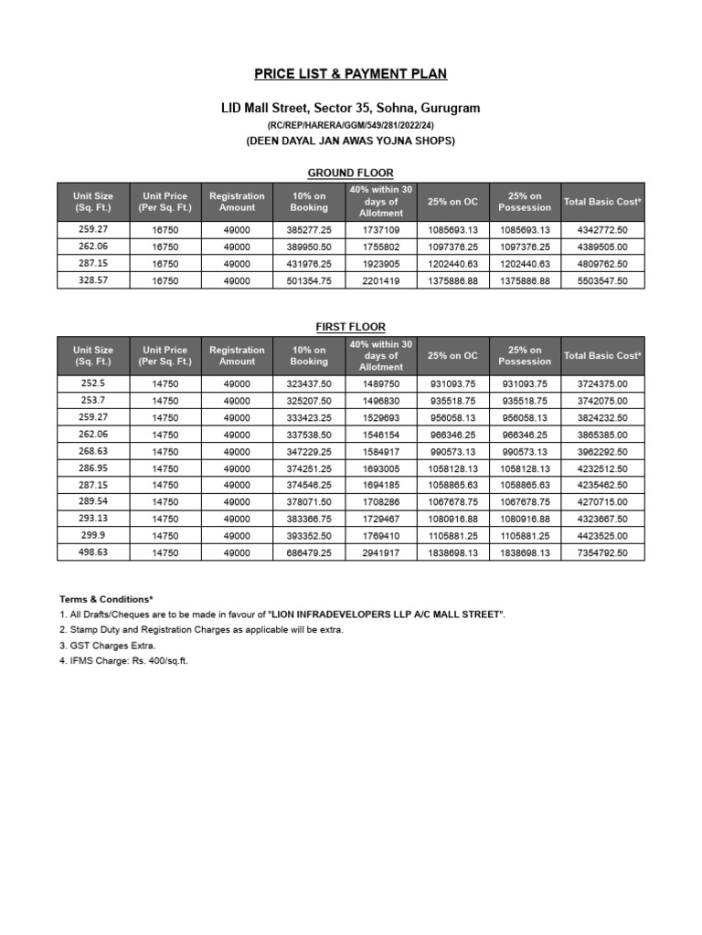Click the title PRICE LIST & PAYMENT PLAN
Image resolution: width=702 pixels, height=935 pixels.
351,74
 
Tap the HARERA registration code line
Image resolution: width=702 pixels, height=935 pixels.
351,125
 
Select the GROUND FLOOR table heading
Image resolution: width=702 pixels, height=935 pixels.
350,173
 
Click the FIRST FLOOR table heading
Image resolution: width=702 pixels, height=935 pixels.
350,327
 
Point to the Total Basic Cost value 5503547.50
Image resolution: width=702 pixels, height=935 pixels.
602,281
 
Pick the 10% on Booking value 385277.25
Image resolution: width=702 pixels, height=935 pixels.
308,231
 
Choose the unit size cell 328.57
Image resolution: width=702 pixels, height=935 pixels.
92,281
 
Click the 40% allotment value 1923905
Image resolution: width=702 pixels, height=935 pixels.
380,265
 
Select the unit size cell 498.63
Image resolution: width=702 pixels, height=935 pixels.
92,552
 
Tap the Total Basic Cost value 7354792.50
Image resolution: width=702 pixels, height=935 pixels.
602,552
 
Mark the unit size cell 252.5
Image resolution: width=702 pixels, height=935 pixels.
92,384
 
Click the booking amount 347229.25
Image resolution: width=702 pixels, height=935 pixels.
308,452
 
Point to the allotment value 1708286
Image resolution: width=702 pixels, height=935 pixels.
380,502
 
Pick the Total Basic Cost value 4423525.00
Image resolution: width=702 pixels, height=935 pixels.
602,536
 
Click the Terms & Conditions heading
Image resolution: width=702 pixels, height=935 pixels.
107,599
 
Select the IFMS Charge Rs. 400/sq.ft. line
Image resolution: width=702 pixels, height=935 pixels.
123,660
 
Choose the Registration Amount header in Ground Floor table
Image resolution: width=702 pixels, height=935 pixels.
237,202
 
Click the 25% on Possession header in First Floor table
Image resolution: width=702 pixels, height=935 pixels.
525,355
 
